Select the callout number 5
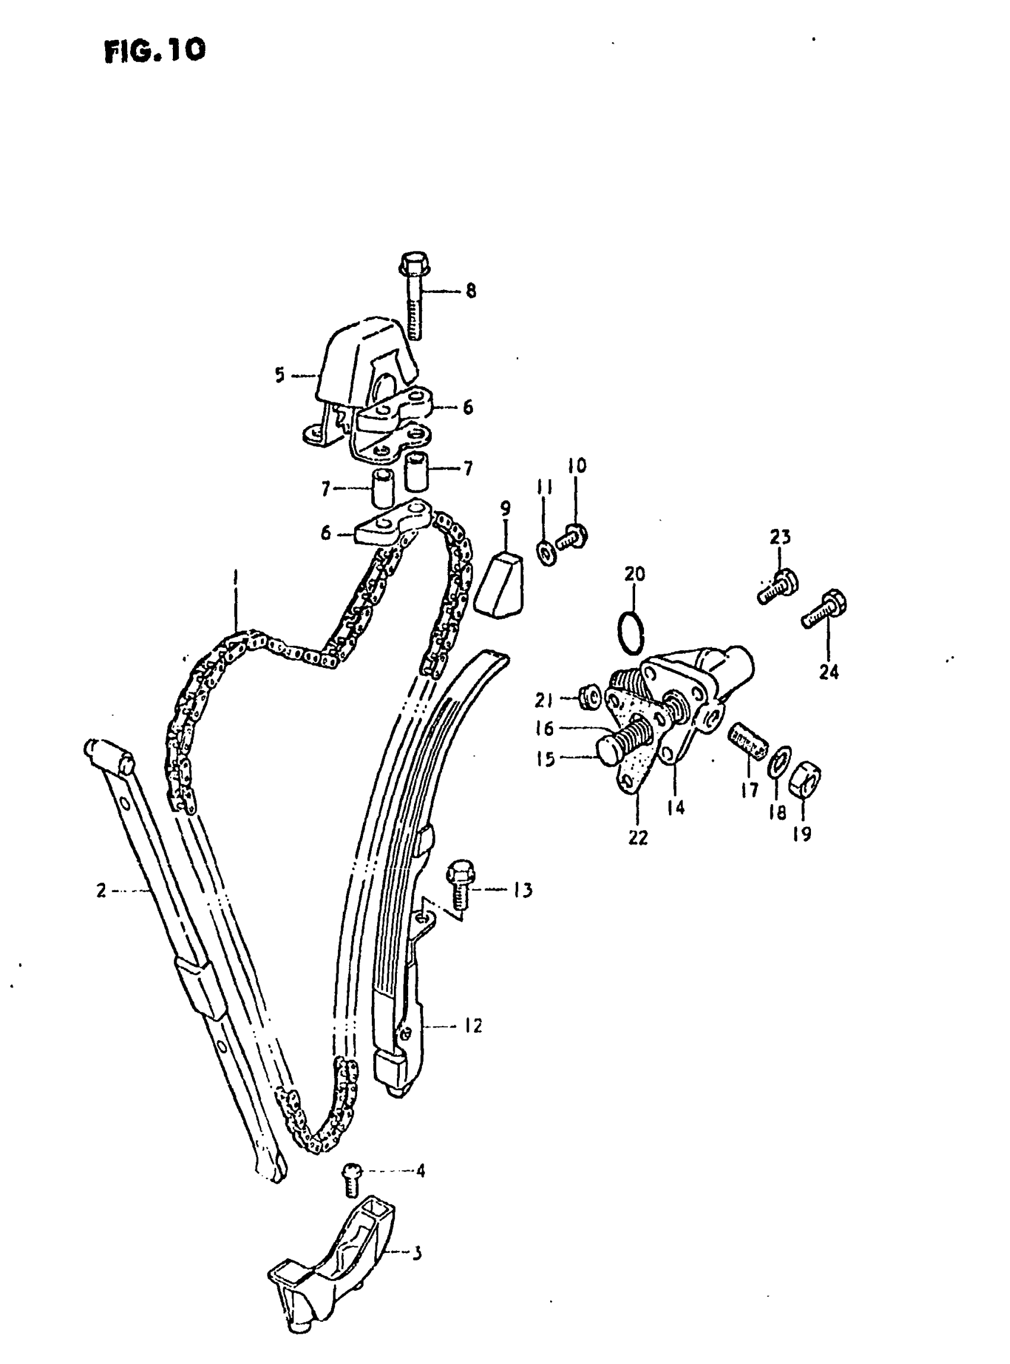279,375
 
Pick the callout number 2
101,890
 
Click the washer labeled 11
547,552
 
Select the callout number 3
416,1253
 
